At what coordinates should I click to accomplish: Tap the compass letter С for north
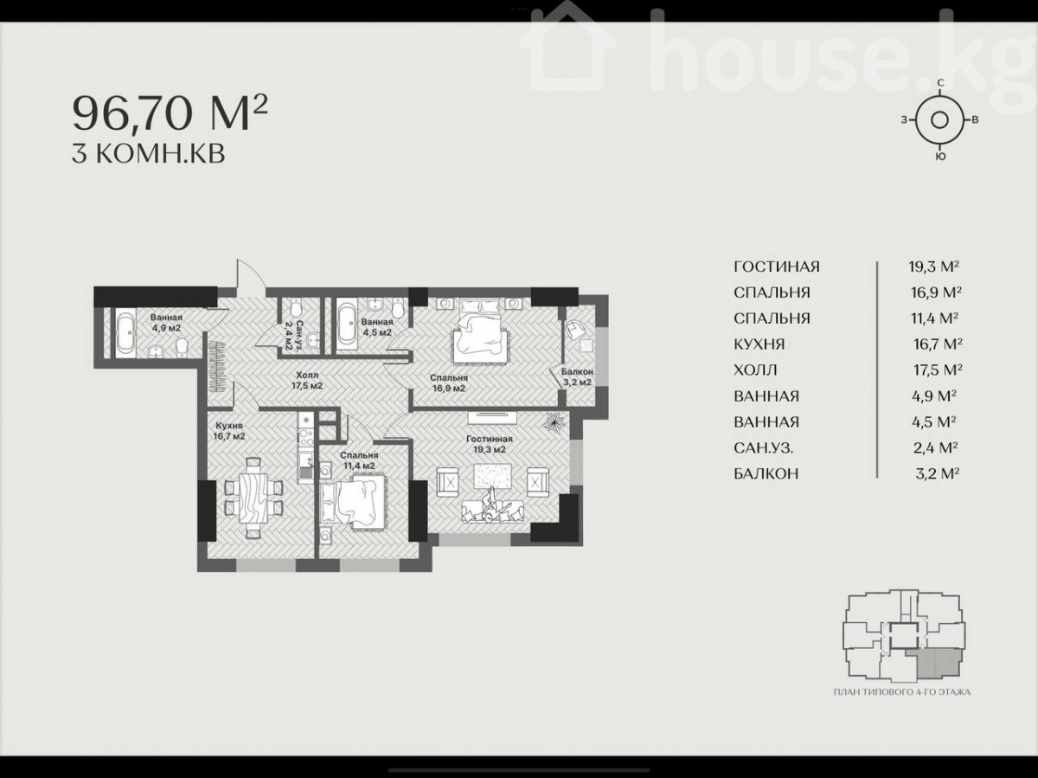pos(940,83)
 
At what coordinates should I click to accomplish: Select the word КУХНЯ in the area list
pos(759,344)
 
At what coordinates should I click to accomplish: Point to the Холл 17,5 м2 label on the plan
pos(307,380)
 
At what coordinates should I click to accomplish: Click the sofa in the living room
pos(492,511)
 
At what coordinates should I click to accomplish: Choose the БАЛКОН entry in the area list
pos(766,473)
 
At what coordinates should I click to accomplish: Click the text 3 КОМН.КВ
pos(149,154)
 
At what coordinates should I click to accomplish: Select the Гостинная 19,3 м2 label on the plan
pos(489,444)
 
